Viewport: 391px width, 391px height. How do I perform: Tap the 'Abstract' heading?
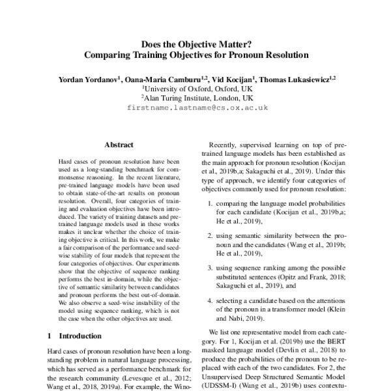click(119, 145)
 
